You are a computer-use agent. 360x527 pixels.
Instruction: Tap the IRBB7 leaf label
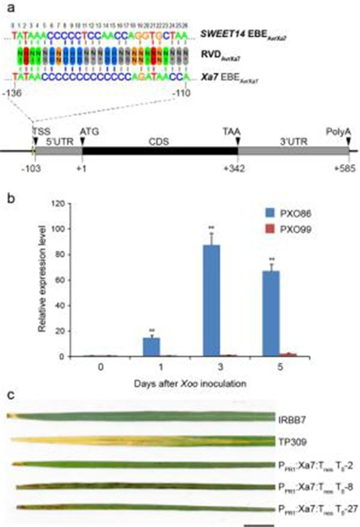click(x=290, y=418)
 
